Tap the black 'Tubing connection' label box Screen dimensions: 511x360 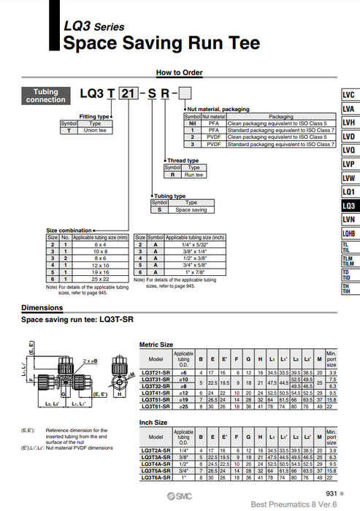46,96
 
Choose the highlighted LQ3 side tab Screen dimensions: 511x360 349,206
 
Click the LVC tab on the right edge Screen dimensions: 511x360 349,95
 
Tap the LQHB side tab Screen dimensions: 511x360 349,234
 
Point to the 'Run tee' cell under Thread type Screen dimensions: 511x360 194,175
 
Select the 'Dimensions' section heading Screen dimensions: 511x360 42,308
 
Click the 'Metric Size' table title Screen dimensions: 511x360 156,344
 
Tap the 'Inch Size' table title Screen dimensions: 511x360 153,421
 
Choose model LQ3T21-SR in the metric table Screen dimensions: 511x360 156,374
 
